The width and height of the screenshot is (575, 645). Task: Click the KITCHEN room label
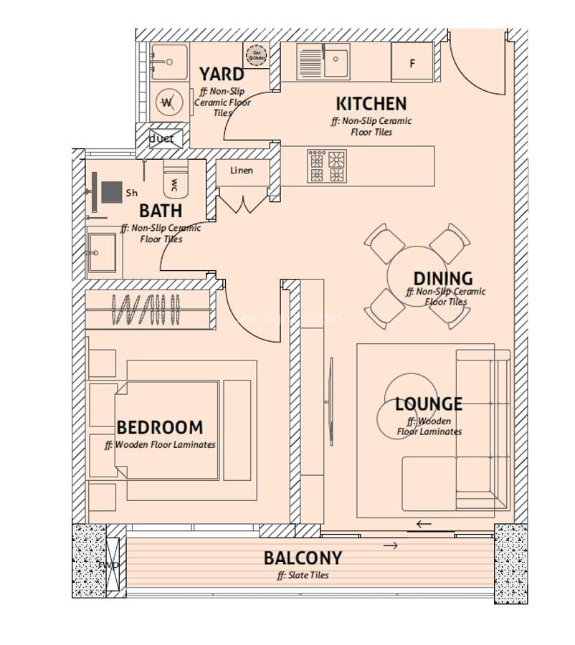[x=371, y=103]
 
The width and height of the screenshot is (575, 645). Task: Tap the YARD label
[x=221, y=74]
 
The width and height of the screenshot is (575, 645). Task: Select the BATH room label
[x=160, y=211]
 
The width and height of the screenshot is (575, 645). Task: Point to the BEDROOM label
[x=159, y=428]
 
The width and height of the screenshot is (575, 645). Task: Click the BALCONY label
[x=303, y=558]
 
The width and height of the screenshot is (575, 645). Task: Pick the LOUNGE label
[x=428, y=404]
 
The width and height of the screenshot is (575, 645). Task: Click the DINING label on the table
[x=442, y=278]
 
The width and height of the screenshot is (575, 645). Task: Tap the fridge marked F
[x=412, y=63]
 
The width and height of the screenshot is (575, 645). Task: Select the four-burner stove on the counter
[x=327, y=166]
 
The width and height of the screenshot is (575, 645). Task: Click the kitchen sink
[x=334, y=62]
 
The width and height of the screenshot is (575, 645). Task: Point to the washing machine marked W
[x=167, y=102]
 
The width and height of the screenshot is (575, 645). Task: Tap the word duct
[x=161, y=138]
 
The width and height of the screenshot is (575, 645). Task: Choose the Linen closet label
[x=242, y=171]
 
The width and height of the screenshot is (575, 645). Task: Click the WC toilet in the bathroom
[x=174, y=183]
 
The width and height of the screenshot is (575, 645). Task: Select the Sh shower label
[x=132, y=193]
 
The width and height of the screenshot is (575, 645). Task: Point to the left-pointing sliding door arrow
[x=424, y=524]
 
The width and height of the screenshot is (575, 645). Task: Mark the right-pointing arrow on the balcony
[x=390, y=546]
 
